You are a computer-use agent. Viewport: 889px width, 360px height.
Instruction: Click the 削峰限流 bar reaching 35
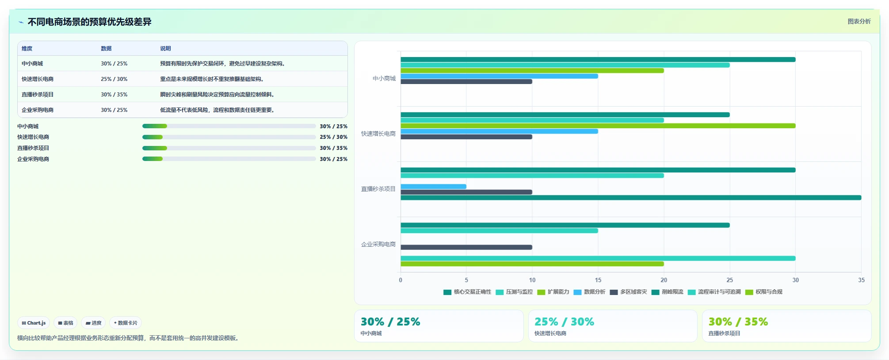[x=631, y=198]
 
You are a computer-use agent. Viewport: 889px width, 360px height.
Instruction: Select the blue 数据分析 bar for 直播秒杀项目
[x=434, y=187]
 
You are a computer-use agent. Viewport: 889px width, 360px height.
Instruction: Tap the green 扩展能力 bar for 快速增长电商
[x=598, y=126]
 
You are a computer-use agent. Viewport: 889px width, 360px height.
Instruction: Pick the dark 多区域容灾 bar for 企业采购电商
[x=466, y=247]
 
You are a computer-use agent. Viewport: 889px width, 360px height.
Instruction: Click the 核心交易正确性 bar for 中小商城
[x=598, y=60]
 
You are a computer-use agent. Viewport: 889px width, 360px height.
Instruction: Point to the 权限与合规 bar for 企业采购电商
[x=532, y=264]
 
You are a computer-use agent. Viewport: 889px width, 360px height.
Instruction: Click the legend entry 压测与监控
[x=514, y=292]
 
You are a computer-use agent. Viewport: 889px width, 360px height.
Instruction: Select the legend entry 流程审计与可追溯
[x=714, y=292]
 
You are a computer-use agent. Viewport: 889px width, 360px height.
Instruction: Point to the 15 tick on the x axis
[x=598, y=280]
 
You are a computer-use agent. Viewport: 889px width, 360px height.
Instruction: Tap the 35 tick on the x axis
[x=861, y=280]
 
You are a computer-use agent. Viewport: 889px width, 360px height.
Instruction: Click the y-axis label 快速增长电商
[x=378, y=134]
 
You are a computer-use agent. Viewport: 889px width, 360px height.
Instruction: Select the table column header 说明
[x=165, y=49]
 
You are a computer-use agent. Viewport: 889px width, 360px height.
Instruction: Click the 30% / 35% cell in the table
[x=114, y=95]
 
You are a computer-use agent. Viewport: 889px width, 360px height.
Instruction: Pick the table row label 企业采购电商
[x=38, y=110]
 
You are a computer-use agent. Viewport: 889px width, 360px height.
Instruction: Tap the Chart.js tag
[x=34, y=323]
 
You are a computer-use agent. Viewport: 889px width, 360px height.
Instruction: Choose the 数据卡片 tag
[x=126, y=323]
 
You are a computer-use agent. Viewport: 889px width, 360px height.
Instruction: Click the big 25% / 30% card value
[x=564, y=322]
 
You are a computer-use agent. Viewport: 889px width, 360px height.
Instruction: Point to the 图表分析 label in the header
[x=859, y=21]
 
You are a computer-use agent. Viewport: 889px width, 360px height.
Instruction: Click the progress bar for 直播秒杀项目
[x=229, y=148]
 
